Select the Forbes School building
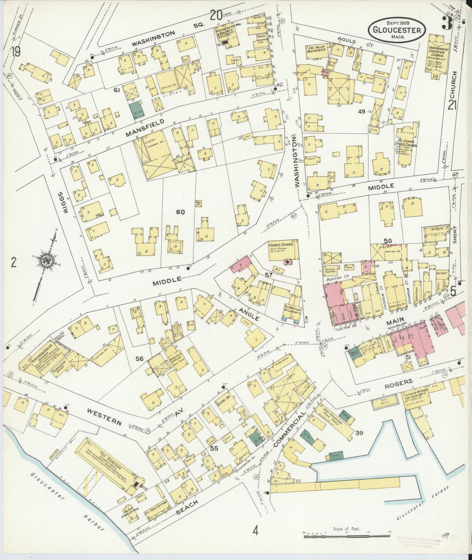(284, 250)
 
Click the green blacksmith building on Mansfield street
(135, 110)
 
